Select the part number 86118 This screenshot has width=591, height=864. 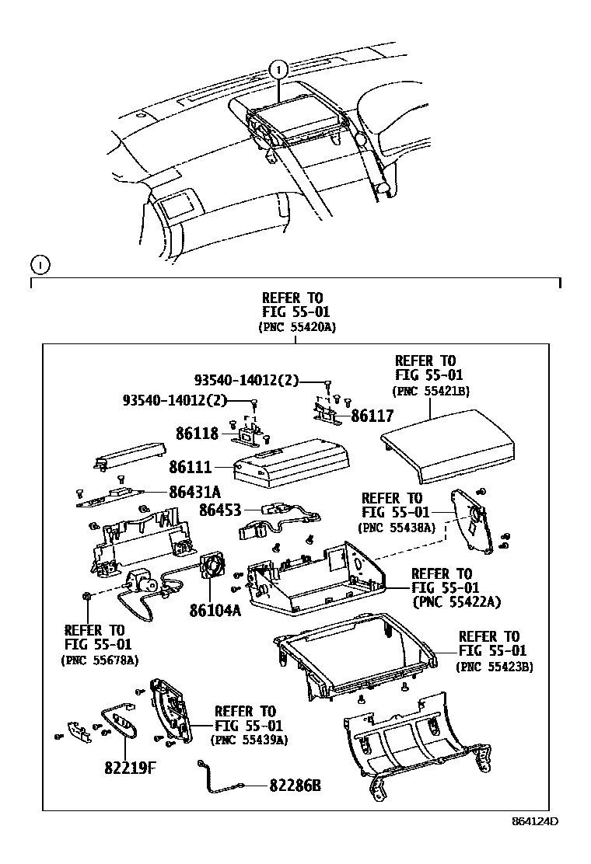197,434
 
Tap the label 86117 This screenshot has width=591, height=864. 372,416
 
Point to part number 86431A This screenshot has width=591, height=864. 195,491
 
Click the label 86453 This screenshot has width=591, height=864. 221,510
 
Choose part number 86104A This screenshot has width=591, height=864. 215,610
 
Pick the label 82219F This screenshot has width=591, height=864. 131,768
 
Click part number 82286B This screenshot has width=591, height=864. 295,785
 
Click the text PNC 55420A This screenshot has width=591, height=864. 297,327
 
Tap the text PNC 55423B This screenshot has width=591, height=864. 495,666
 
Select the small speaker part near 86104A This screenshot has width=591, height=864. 212,567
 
